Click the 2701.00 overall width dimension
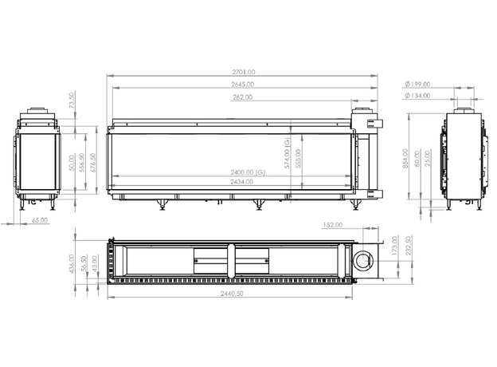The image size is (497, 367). [x=244, y=72]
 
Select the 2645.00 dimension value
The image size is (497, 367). [x=242, y=85]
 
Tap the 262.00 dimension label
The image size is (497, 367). [x=242, y=97]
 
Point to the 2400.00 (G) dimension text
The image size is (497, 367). [x=248, y=172]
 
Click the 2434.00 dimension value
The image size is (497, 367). [x=242, y=182]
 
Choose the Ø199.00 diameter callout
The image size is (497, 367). [x=417, y=84]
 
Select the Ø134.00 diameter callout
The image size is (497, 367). [x=417, y=95]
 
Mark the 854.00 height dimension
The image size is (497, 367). [x=405, y=159]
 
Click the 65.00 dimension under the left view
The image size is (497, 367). [x=40, y=220]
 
